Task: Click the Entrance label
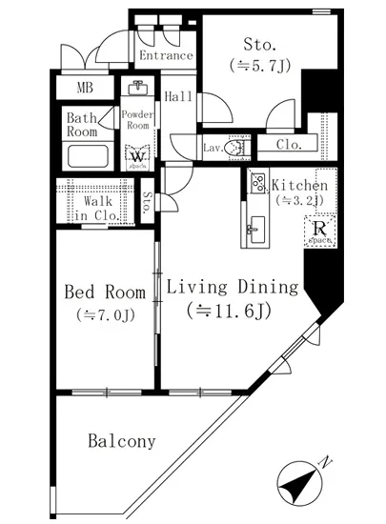click(166, 56)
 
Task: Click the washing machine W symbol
click(137, 155)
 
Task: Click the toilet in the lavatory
click(239, 148)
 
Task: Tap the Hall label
click(179, 97)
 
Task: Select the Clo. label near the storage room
click(289, 145)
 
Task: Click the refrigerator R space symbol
click(317, 232)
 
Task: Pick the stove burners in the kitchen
click(257, 184)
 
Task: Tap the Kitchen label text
click(300, 185)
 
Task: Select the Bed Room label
click(104, 292)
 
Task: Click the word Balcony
click(121, 441)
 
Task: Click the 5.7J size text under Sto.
click(258, 65)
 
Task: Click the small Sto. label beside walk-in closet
click(148, 201)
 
